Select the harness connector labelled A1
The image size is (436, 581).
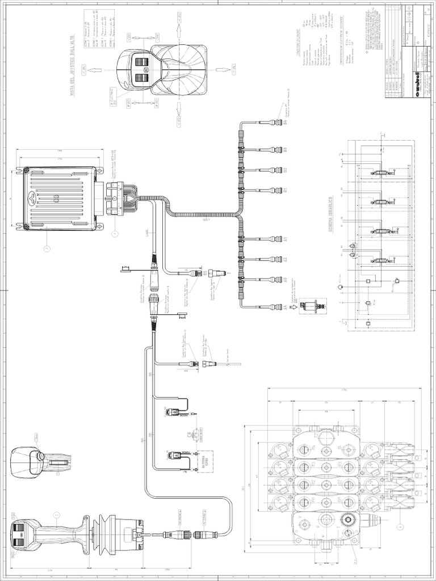point(275,238)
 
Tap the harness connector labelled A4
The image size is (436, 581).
point(275,307)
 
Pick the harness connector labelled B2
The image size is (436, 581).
point(275,170)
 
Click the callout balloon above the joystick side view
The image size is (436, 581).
point(56,515)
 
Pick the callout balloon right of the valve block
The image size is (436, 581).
point(401,526)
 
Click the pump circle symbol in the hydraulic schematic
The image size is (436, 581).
point(339,287)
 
